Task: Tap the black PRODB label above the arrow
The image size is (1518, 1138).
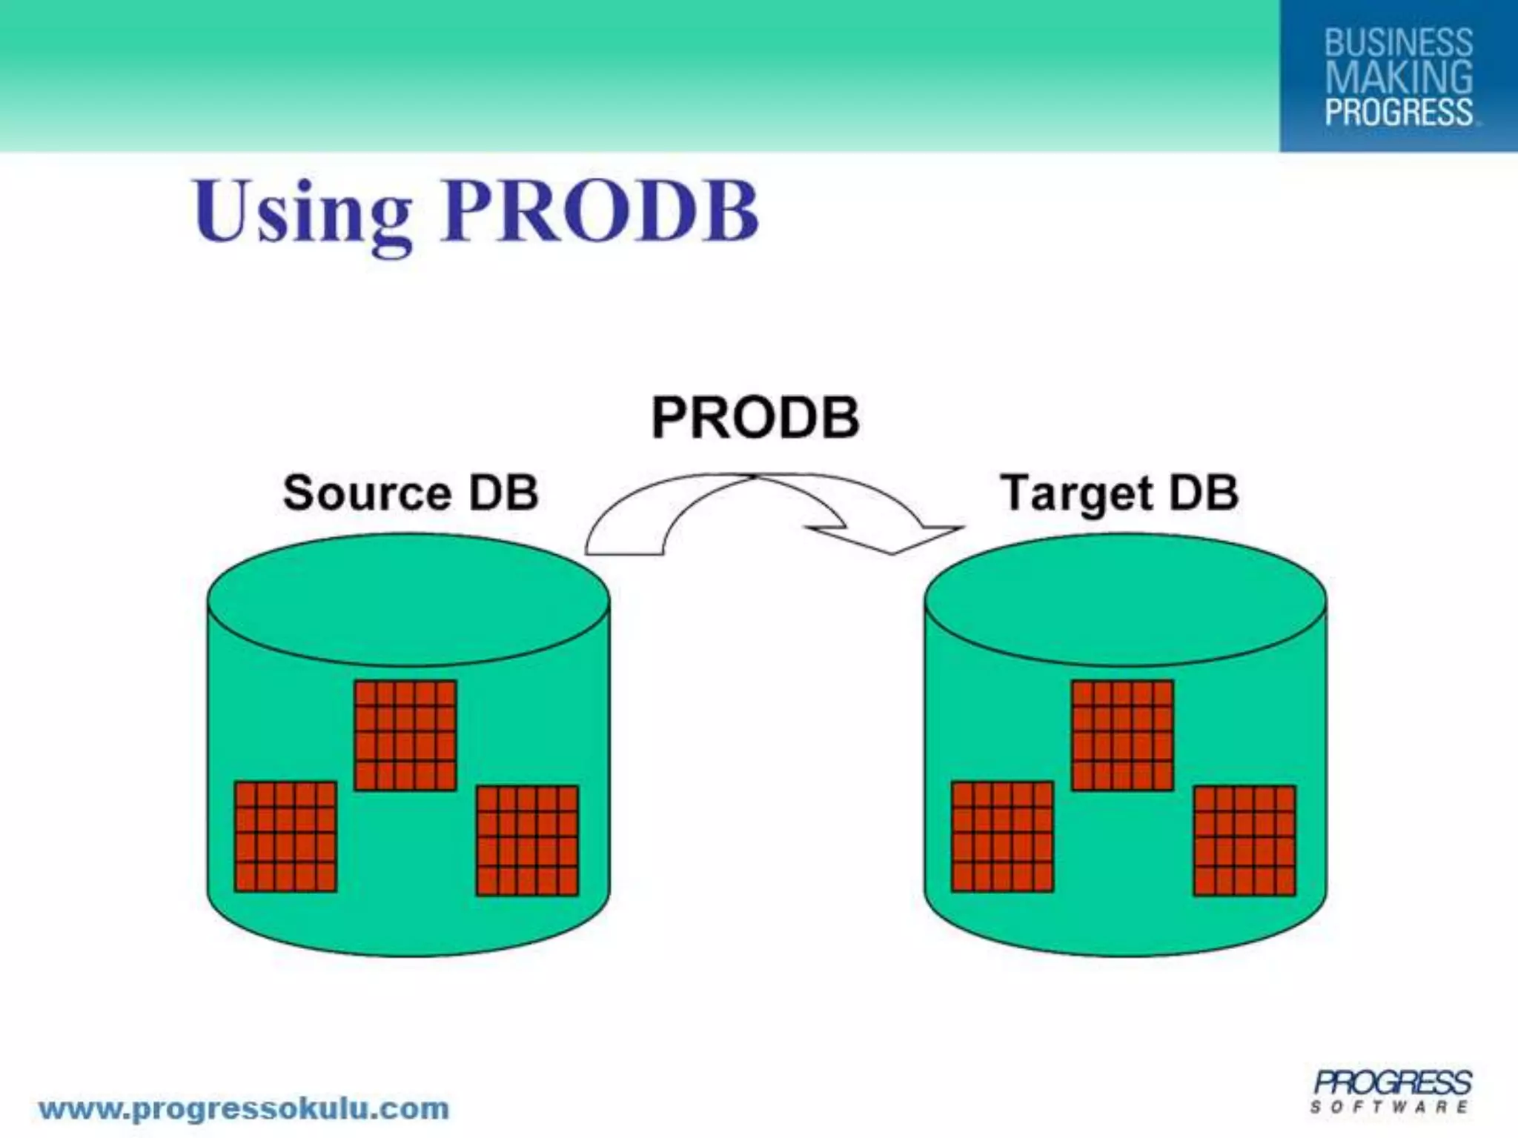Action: click(755, 418)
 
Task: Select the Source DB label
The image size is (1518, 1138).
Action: click(410, 493)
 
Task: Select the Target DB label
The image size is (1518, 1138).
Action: click(1119, 493)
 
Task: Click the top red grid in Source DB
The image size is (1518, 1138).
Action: click(405, 736)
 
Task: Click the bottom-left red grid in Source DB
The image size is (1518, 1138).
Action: click(285, 836)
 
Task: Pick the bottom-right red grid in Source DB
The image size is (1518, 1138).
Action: click(527, 841)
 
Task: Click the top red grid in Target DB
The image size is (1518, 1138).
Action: click(1122, 736)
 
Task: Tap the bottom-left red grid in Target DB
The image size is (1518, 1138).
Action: click(1002, 836)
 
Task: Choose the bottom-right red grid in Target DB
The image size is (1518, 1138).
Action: click(1244, 841)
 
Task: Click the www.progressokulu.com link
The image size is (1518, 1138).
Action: click(244, 1109)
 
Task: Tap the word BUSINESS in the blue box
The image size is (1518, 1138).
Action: click(1398, 42)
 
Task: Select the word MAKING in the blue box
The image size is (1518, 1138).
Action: click(1398, 77)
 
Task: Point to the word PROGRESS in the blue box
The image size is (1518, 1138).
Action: click(1398, 112)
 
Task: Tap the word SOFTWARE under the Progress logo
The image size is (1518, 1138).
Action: click(1388, 1107)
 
